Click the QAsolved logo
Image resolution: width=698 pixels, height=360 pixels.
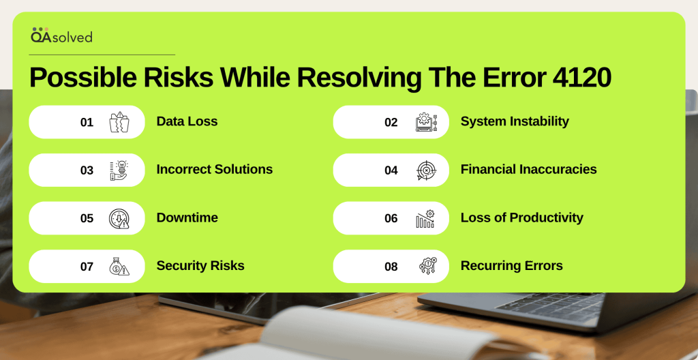pyautogui.click(x=61, y=35)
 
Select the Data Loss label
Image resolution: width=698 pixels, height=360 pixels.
pyautogui.click(x=187, y=121)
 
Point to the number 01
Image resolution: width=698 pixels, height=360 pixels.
pyautogui.click(x=87, y=122)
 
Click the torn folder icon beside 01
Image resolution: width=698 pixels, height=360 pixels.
pyautogui.click(x=119, y=121)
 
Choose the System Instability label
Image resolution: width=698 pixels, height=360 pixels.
pyautogui.click(x=515, y=121)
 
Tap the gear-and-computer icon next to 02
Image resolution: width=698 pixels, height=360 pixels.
pyautogui.click(x=427, y=121)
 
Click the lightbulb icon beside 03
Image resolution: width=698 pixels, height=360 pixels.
pyautogui.click(x=119, y=170)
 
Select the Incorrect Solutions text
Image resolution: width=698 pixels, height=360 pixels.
pyautogui.click(x=215, y=169)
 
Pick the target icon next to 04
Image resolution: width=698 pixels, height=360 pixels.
pyautogui.click(x=427, y=170)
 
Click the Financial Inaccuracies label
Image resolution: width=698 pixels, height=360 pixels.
pyautogui.click(x=529, y=169)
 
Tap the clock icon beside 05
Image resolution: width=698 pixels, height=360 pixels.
pyautogui.click(x=119, y=218)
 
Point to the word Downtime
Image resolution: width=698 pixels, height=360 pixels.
pyautogui.click(x=187, y=217)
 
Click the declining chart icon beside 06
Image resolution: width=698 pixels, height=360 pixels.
pyautogui.click(x=425, y=218)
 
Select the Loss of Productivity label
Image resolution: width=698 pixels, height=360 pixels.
pyautogui.click(x=521, y=217)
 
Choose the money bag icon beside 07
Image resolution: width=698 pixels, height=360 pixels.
pyautogui.click(x=119, y=267)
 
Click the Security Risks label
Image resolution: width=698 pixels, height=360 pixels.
pyautogui.click(x=200, y=265)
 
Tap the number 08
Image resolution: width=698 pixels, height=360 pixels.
pyautogui.click(x=391, y=267)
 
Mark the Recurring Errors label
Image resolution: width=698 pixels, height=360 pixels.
pyautogui.click(x=511, y=265)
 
